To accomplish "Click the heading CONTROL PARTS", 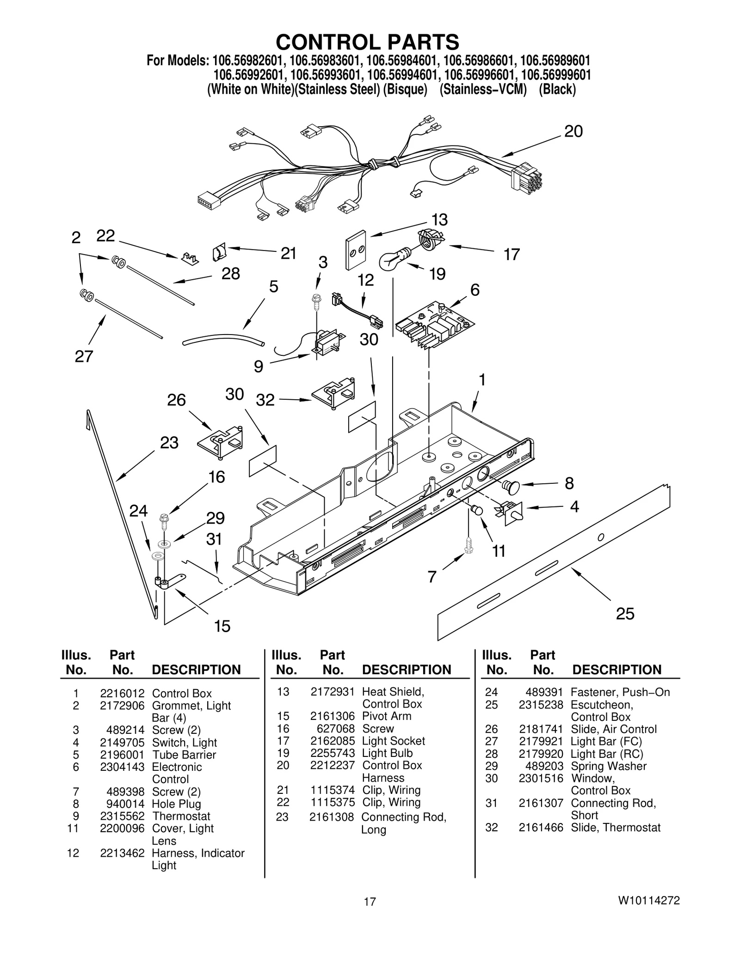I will click(x=367, y=42).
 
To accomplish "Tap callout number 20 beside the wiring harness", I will click(x=573, y=132).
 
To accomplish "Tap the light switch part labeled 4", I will click(x=511, y=512).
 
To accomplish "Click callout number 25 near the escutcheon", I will click(x=625, y=614).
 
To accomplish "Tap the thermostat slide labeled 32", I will click(x=334, y=392).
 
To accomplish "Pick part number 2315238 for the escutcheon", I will click(x=541, y=705).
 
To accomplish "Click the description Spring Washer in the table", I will click(x=608, y=766).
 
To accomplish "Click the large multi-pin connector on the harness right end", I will click(x=526, y=177).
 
